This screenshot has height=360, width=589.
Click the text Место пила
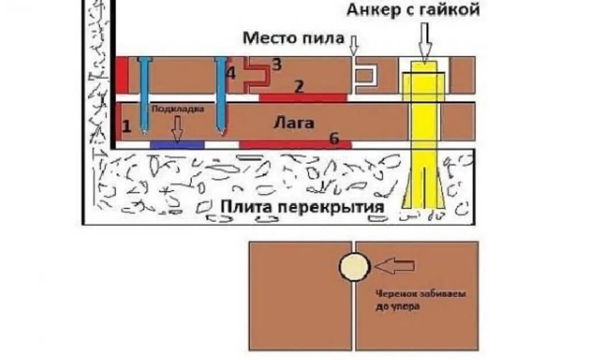point(293,39)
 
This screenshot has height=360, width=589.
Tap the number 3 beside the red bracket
point(277,64)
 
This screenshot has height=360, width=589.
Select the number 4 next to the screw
point(231,74)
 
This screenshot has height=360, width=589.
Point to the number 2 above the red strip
point(299,86)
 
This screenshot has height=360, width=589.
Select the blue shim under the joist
point(177,144)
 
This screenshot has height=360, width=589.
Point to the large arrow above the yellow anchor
point(424,43)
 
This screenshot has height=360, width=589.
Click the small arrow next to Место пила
point(353,43)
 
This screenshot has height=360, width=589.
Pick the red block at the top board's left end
point(121,75)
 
